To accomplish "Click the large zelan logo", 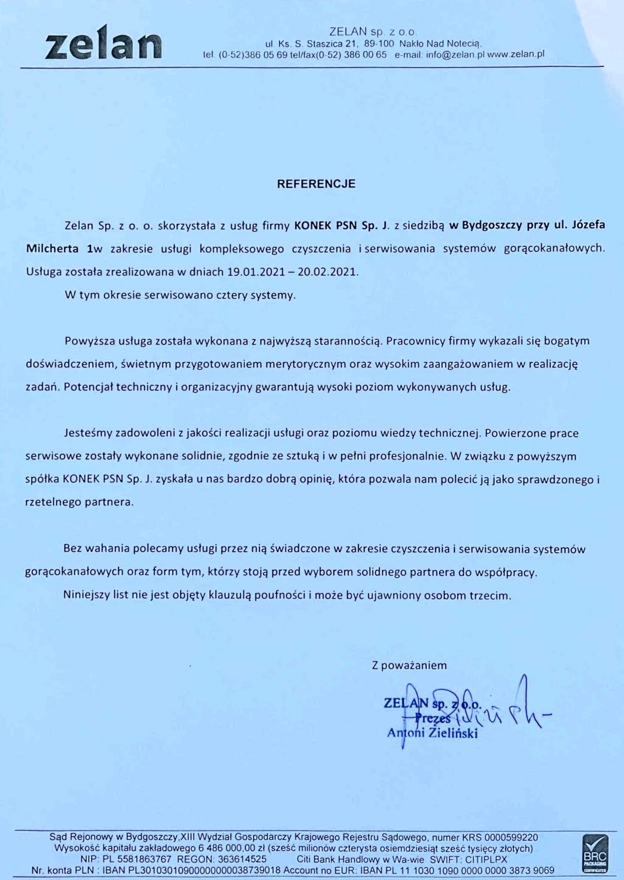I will (x=103, y=43).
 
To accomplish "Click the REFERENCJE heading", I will (x=316, y=184).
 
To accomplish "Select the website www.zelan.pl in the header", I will (x=516, y=54).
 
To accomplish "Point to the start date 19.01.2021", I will (x=251, y=272).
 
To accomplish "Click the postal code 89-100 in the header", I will (x=379, y=43).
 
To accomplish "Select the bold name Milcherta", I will (x=52, y=248).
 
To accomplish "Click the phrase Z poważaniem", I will (x=409, y=665).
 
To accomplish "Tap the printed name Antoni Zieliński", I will (x=432, y=733).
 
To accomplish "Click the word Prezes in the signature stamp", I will (x=433, y=718).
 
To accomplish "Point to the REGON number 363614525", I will (x=242, y=859).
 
